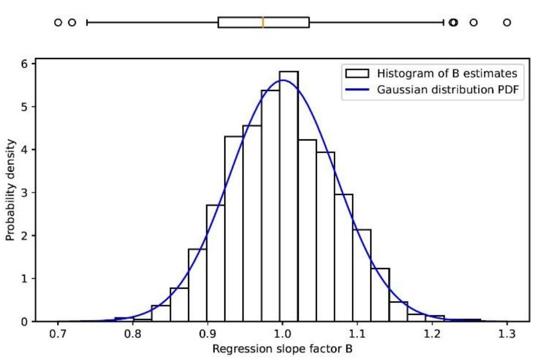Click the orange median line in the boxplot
263,22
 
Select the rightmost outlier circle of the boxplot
507,22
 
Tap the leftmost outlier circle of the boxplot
58,22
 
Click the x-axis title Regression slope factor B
282,349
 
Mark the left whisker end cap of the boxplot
87,22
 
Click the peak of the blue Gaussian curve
282,80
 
